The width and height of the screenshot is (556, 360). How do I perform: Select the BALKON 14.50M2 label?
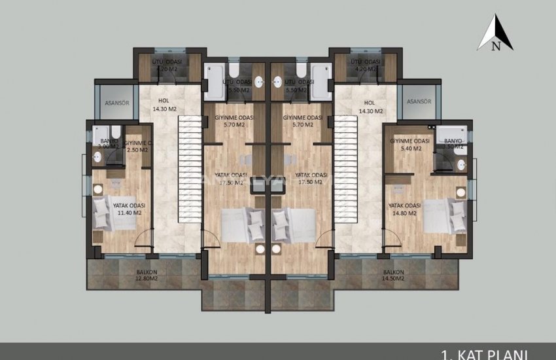394,275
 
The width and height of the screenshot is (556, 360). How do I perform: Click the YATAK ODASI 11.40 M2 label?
128,208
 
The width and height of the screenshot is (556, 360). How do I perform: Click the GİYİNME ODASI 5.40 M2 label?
409,145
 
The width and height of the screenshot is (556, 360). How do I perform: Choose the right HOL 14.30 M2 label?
370,107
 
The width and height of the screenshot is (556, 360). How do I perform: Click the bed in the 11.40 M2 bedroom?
114,215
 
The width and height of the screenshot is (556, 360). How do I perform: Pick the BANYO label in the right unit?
453,145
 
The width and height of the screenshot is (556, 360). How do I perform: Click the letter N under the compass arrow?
496,46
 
